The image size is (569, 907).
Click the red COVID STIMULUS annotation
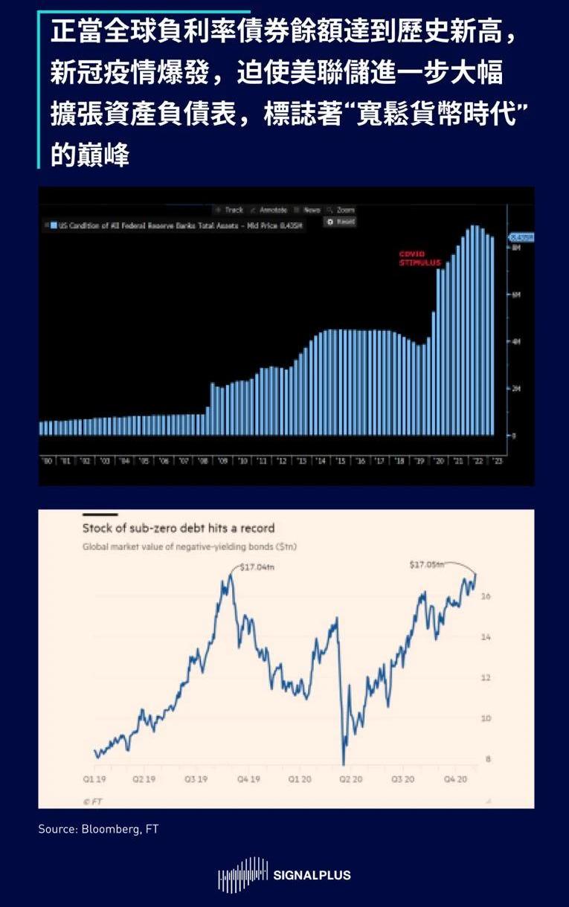point(420,258)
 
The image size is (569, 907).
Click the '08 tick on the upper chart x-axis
point(203,461)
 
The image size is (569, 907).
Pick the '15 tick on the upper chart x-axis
point(341,461)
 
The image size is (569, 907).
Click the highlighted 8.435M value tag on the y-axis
point(521,237)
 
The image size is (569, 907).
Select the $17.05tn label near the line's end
point(426,565)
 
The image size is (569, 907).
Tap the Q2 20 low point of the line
point(343,764)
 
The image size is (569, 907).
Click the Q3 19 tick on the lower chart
point(196,779)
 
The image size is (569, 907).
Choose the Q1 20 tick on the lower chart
point(300,779)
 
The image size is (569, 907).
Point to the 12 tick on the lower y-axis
point(486,678)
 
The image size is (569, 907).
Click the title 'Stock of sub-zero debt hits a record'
point(179,528)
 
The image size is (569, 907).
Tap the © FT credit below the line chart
point(92,801)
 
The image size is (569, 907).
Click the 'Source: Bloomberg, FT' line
point(98,828)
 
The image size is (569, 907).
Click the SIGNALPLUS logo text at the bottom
point(312,875)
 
